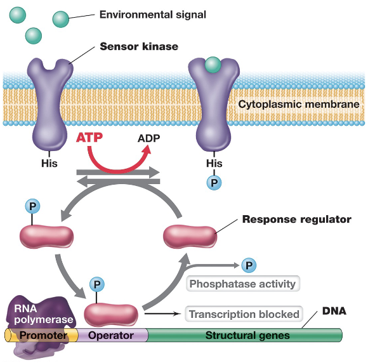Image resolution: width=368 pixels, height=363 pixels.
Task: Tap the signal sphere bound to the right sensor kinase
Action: click(x=213, y=64)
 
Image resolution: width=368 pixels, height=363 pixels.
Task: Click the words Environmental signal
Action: click(x=152, y=13)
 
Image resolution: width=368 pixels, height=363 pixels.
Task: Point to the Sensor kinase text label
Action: click(x=139, y=46)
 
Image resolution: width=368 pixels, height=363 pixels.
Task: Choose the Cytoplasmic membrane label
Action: click(x=298, y=104)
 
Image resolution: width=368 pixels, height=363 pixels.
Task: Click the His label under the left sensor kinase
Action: click(x=49, y=163)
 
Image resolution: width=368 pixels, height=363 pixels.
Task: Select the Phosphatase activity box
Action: click(x=242, y=284)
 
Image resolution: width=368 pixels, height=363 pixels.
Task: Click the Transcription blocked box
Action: click(x=244, y=313)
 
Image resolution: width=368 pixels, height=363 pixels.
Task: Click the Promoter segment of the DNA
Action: click(x=43, y=335)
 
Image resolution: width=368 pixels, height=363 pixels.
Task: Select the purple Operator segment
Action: click(x=111, y=335)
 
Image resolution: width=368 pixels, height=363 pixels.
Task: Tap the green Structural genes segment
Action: click(x=247, y=335)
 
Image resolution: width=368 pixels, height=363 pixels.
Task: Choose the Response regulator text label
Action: click(x=296, y=220)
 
